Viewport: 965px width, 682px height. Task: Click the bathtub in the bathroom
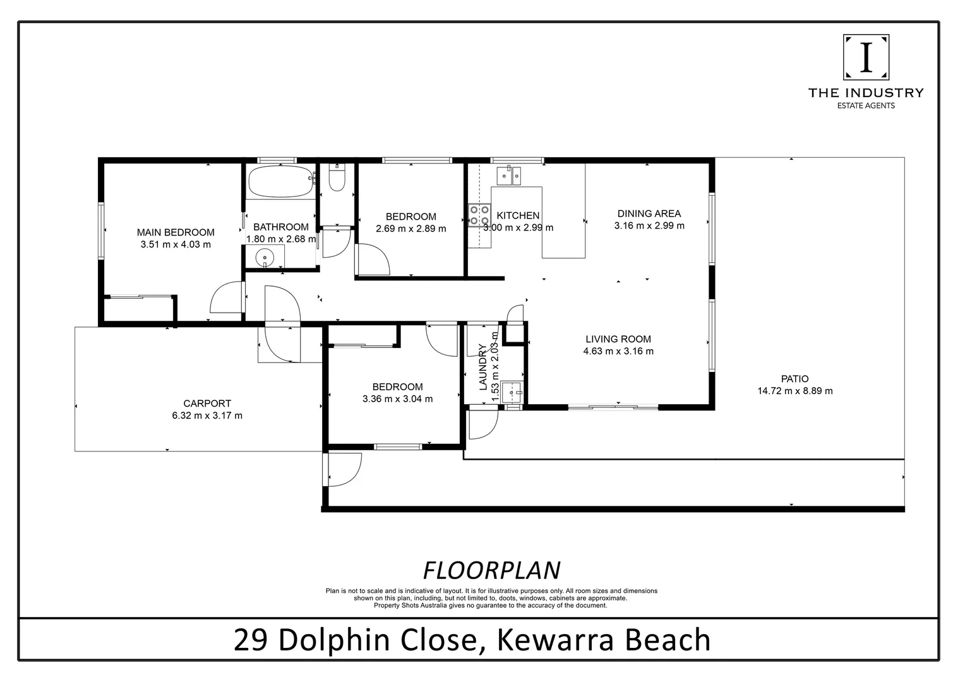click(280, 181)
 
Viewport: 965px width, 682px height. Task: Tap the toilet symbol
click(337, 179)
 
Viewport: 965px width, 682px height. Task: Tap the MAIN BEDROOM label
click(176, 232)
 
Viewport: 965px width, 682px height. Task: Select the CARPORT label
click(207, 404)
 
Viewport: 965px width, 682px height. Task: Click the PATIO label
click(794, 379)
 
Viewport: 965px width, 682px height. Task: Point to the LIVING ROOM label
click(618, 339)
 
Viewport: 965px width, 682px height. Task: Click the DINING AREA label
click(649, 213)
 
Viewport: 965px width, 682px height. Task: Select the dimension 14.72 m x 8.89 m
click(794, 391)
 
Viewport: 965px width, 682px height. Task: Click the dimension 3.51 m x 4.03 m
click(176, 244)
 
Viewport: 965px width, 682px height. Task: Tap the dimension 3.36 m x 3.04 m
click(397, 399)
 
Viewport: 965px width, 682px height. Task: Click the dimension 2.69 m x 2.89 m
click(411, 229)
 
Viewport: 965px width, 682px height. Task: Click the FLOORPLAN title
click(491, 570)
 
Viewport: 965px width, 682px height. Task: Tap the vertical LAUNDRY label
click(483, 368)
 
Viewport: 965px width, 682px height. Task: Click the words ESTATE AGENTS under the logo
click(865, 106)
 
